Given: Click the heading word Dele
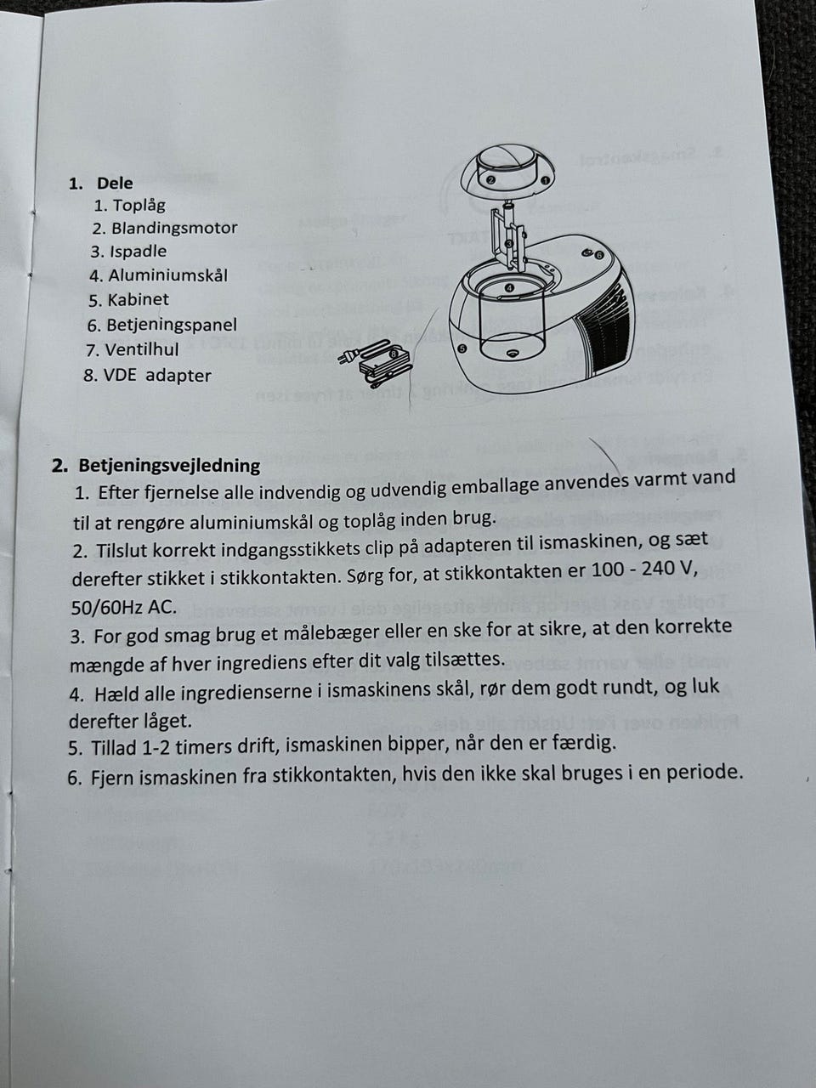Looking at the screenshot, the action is (115, 183).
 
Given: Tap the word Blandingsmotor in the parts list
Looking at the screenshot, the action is (174, 228).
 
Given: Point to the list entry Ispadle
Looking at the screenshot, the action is (139, 252).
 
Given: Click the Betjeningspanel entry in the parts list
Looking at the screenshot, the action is (172, 325).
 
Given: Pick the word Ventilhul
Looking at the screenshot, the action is (142, 350).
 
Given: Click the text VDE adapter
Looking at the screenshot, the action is (157, 375).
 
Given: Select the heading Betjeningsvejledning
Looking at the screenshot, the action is (169, 466).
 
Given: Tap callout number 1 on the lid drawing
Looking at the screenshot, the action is (544, 181).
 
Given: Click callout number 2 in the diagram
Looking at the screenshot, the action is (490, 180).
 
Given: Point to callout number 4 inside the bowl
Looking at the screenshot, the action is (510, 287).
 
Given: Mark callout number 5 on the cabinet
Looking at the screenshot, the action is (462, 349).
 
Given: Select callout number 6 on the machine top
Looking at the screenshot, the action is (598, 255).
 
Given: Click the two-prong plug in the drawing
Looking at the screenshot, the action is (347, 355).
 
